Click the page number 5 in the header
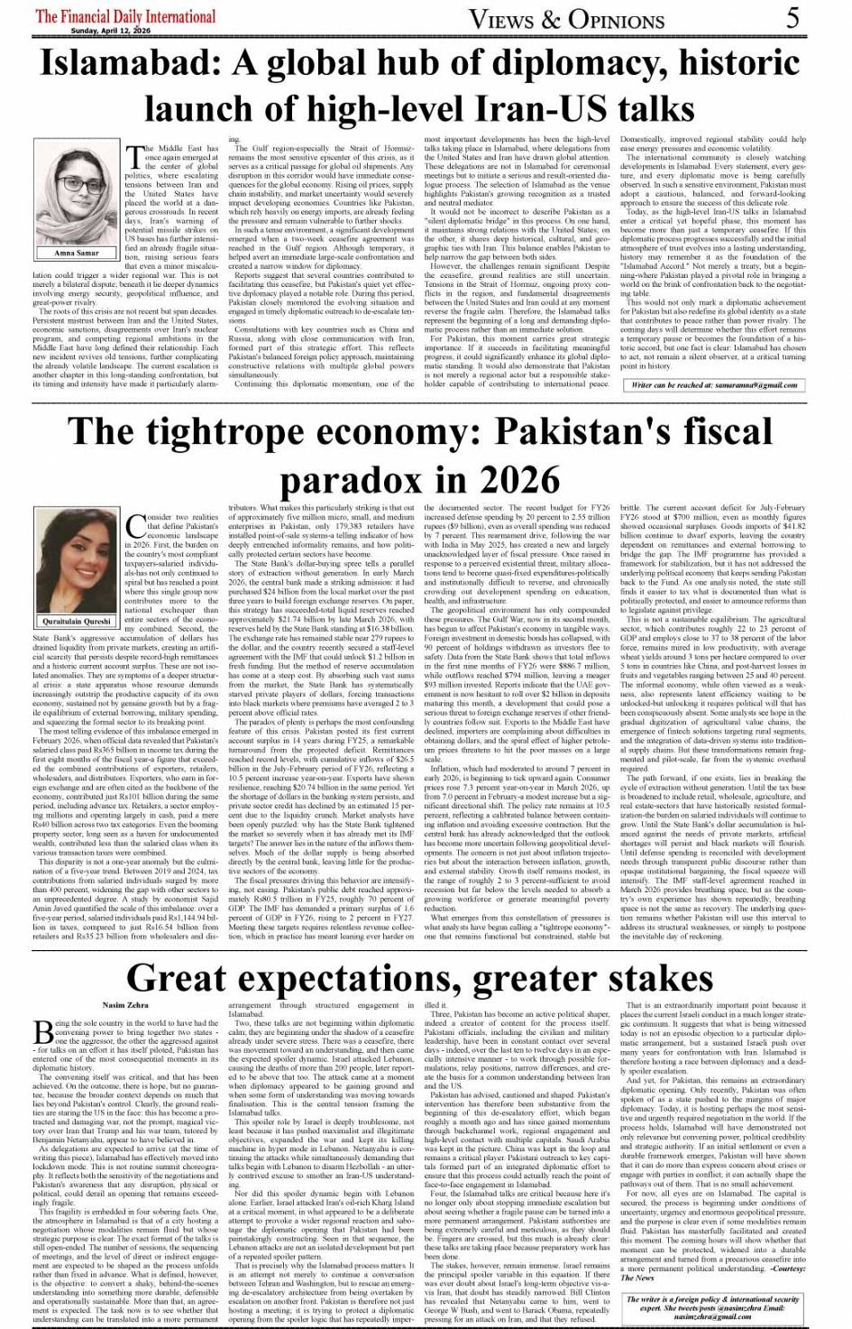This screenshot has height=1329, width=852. pos(792,17)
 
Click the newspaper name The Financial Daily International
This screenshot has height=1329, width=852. pos(125,16)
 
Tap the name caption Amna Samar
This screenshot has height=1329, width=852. pos(77,254)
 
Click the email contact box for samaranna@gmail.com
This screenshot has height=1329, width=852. pos(715,385)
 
